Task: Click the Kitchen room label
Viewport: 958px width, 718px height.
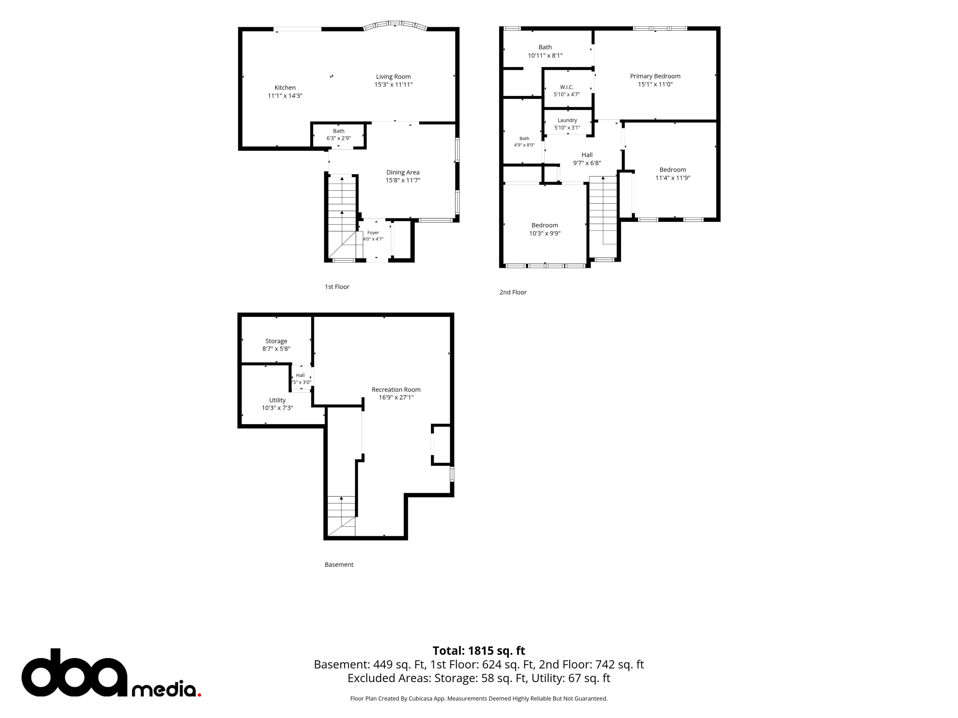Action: (x=285, y=88)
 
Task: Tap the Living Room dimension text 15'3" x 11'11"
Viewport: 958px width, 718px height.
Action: (x=393, y=85)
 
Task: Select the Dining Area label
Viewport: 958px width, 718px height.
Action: (x=403, y=172)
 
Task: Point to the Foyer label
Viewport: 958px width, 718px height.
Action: (x=373, y=232)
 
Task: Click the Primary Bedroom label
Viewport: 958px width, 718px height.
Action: (x=655, y=76)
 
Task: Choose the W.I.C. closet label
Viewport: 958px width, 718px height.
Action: (x=567, y=87)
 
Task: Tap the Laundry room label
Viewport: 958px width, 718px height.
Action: (x=567, y=120)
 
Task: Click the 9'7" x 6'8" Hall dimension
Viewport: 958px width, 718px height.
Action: (x=587, y=163)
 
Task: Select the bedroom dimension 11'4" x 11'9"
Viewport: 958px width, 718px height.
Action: (x=673, y=178)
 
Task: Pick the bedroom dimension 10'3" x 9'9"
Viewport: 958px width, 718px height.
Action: (x=545, y=233)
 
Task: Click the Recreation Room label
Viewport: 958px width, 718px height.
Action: (x=396, y=389)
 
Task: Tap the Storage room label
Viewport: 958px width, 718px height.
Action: (x=276, y=341)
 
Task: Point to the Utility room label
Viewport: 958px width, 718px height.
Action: (x=277, y=400)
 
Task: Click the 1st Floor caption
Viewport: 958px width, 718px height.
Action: (x=337, y=286)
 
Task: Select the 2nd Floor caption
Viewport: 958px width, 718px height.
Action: (x=513, y=292)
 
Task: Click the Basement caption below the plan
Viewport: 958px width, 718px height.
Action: (x=339, y=564)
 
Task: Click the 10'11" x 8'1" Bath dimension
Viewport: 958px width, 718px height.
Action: (x=545, y=55)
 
